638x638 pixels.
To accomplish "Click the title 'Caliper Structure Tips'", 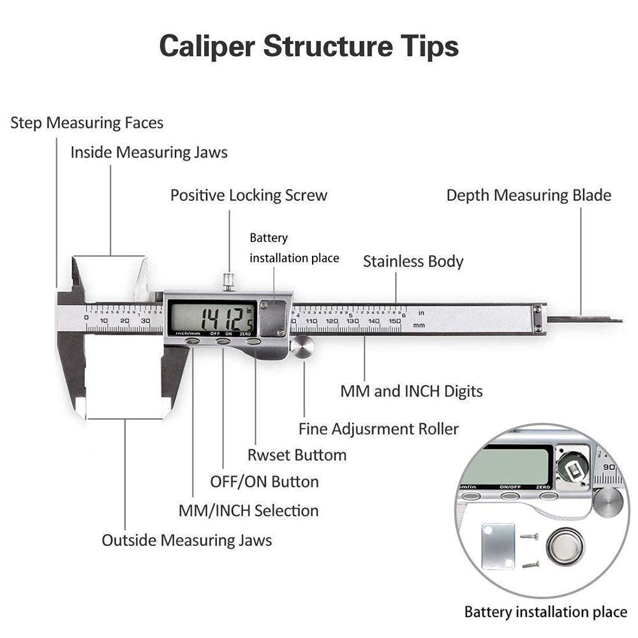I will point(309,47).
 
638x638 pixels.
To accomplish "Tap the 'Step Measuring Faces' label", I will point(87,122).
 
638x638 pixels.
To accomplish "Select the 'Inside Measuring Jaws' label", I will point(149,153).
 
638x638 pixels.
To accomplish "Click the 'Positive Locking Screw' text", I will point(249,195).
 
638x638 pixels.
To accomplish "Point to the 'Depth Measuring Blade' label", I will point(528,195).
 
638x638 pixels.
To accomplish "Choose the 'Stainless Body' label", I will point(413,262).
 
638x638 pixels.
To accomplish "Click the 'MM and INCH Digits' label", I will point(411,391).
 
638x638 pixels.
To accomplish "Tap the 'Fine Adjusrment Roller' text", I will point(378,429).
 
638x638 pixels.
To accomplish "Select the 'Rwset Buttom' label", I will point(297,455).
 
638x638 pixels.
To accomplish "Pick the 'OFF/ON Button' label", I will point(264,482).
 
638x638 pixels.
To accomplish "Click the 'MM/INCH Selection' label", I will point(248,510).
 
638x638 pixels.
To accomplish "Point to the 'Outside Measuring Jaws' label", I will point(186,540).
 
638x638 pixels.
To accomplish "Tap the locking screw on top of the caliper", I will point(228,281).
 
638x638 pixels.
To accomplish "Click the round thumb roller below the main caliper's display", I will point(302,347).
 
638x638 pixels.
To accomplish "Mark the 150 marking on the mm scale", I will point(394,321).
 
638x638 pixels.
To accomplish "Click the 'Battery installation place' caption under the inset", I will point(545,612).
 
